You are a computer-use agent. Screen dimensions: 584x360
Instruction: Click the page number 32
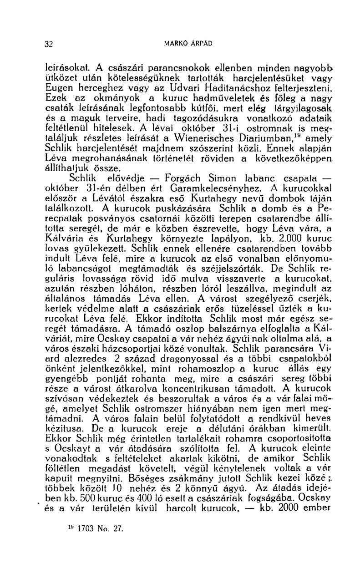[x=50, y=44]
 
